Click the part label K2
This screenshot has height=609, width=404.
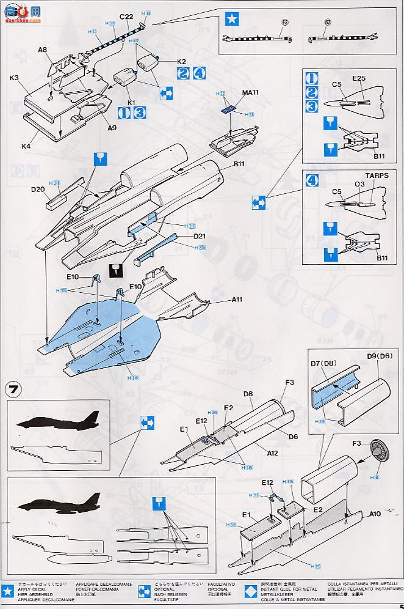tap(181, 61)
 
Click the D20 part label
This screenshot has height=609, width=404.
tap(37, 190)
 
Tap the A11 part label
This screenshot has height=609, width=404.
tap(237, 300)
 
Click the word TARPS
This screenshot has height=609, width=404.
tap(377, 175)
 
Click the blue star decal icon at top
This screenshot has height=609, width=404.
tap(231, 19)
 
